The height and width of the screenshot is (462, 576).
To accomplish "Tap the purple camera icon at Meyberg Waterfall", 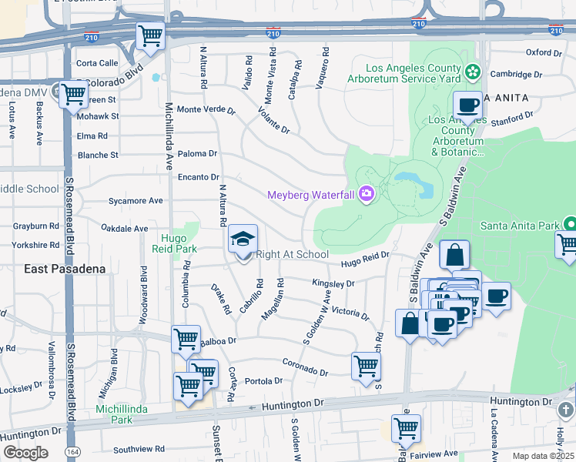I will pyautogui.click(x=366, y=194).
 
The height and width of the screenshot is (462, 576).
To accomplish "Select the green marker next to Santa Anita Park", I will pyautogui.click(x=570, y=226).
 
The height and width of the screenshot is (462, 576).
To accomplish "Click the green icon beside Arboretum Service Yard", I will pyautogui.click(x=472, y=73).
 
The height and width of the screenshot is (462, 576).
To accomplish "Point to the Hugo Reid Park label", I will pyautogui.click(x=179, y=243).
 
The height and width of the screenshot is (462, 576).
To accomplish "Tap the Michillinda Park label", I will pyautogui.click(x=115, y=413).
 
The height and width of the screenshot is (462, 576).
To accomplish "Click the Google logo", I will pyautogui.click(x=25, y=453).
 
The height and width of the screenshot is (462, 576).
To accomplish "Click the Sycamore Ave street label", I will pyautogui.click(x=136, y=201).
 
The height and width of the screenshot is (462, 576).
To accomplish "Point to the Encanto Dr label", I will pyautogui.click(x=199, y=177).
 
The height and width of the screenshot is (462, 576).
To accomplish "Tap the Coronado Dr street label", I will pyautogui.click(x=305, y=367).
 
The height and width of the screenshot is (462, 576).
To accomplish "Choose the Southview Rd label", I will pyautogui.click(x=139, y=448).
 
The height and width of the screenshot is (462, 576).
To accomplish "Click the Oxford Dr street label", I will pyautogui.click(x=544, y=52).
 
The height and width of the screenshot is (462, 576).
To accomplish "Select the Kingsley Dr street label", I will pyautogui.click(x=333, y=283).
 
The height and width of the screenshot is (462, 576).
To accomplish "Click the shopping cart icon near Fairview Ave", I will pyautogui.click(x=406, y=427).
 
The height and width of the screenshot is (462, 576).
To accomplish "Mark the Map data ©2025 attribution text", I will pyautogui.click(x=542, y=456).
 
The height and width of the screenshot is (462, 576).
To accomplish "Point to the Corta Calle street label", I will pyautogui.click(x=97, y=63).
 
